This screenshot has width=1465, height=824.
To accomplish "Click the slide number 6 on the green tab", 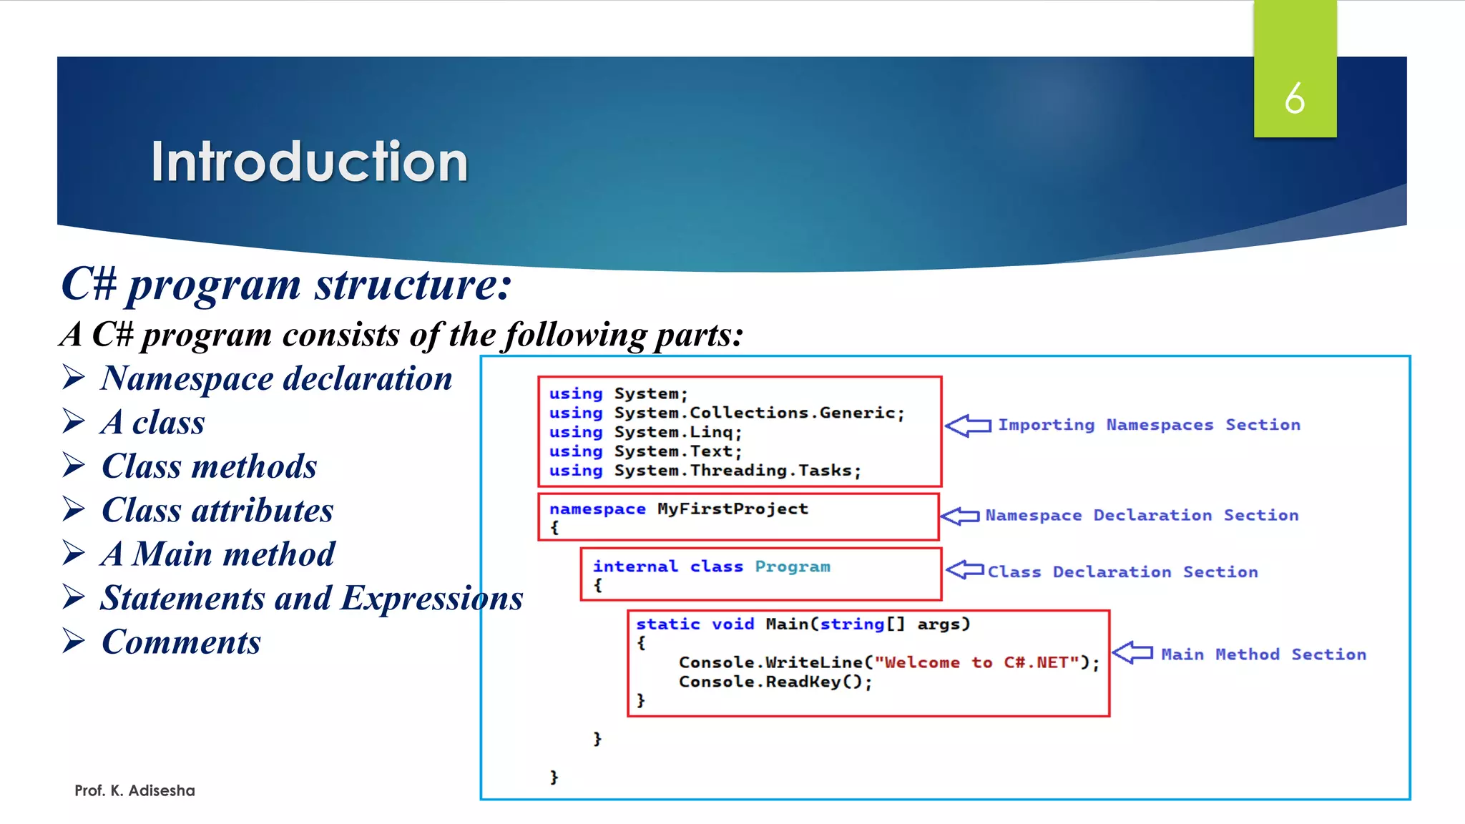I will [x=1294, y=98].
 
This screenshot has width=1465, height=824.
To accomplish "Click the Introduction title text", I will [x=309, y=162].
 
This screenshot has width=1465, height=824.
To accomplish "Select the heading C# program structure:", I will [x=286, y=284].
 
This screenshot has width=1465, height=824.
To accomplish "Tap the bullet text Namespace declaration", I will [x=276, y=378].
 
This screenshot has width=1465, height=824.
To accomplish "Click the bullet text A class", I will [x=153, y=422].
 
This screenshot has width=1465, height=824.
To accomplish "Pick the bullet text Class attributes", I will [x=217, y=510].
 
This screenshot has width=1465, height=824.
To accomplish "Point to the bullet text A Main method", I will [x=217, y=554].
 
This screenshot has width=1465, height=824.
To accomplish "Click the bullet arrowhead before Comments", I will [x=74, y=641].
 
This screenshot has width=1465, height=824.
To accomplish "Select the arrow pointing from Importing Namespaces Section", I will [x=968, y=426].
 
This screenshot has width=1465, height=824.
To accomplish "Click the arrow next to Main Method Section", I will [x=1133, y=652].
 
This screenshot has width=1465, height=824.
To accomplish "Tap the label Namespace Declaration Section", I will [x=1142, y=515].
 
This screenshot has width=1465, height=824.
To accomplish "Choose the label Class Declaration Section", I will [x=1122, y=572].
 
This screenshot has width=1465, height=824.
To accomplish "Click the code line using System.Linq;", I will [x=645, y=432].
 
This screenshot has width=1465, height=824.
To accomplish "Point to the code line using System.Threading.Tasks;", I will [x=705, y=471].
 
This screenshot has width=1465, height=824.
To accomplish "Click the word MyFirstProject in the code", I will [x=732, y=509].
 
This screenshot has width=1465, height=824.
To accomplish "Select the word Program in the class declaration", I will [x=793, y=566].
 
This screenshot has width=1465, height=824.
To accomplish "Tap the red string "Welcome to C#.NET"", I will [x=976, y=662].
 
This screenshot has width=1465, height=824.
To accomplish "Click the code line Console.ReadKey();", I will [x=775, y=682].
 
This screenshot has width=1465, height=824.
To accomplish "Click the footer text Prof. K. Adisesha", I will [x=134, y=790].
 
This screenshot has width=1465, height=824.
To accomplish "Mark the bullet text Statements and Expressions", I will [x=311, y=598].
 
